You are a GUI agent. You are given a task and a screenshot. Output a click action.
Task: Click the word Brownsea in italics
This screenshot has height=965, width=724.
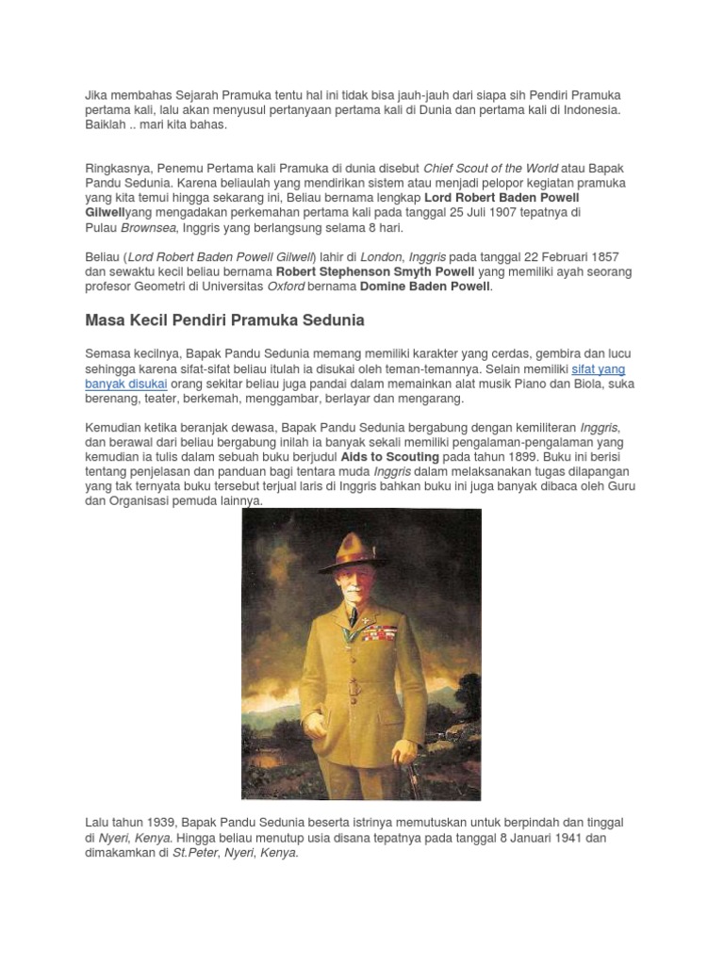147,228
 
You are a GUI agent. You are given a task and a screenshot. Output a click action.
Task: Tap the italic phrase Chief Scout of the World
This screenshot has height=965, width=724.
490,168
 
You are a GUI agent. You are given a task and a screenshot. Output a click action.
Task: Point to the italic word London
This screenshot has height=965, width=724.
382,257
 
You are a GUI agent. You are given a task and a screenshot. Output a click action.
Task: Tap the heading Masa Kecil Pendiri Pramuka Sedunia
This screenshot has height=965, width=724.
224,320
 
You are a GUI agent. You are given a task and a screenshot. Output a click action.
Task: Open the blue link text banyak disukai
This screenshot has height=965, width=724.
126,384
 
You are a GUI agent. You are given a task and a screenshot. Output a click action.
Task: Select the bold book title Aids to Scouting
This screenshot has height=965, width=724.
389,456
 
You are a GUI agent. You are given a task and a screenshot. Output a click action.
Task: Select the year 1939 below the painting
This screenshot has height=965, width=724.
156,823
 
